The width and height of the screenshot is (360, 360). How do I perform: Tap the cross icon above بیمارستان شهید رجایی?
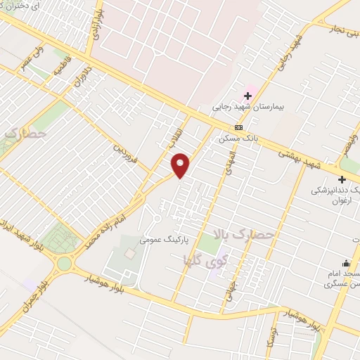coord(247,95)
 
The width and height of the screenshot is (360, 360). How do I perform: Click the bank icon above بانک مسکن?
coord(239,127)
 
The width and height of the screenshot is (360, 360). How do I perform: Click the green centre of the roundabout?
coord(65,264)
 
